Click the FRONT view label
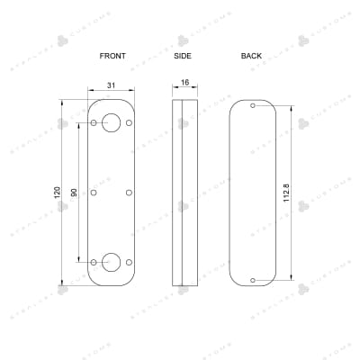[112, 56]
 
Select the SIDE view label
[184, 56]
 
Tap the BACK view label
[251, 56]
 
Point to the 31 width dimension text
[112, 85]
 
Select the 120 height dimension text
[58, 192]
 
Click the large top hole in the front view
[112, 122]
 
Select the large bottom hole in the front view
[112, 262]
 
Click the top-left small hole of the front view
[94, 122]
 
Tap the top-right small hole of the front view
[130, 122]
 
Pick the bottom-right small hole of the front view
[130, 262]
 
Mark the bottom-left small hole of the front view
[94, 262]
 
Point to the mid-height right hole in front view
[130, 192]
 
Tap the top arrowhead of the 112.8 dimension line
[292, 107]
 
